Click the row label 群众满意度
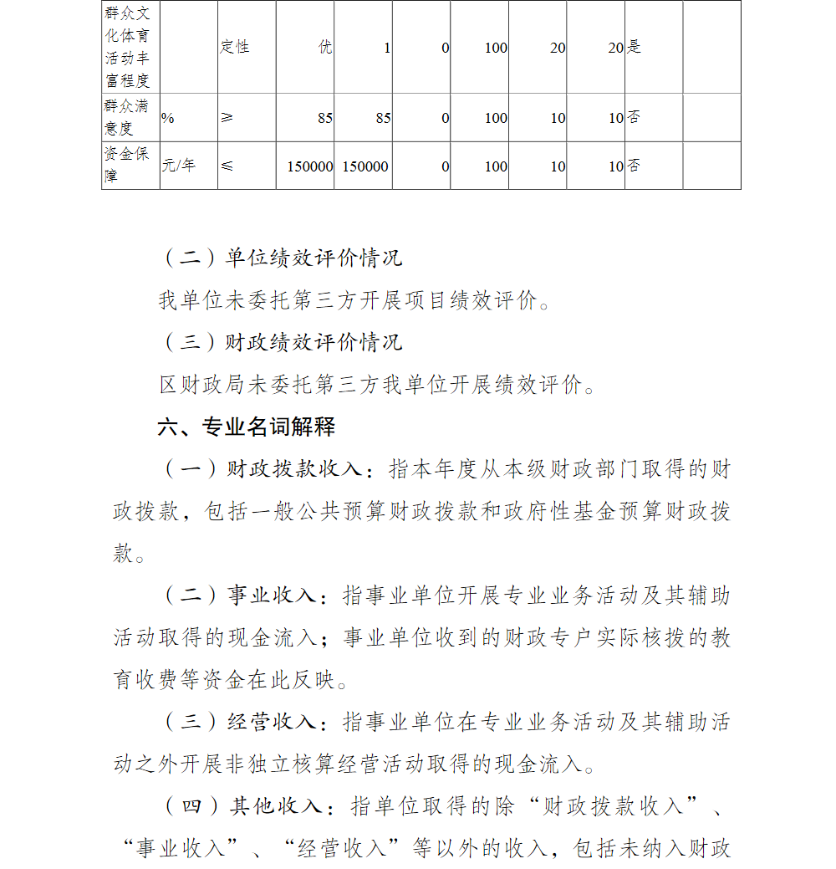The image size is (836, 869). click(x=127, y=118)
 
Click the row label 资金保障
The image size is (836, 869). click(x=127, y=166)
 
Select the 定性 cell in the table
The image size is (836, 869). click(x=235, y=47)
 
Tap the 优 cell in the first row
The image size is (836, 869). click(x=324, y=47)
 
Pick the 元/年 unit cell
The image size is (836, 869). click(x=178, y=166)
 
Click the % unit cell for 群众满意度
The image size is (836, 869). click(x=168, y=118)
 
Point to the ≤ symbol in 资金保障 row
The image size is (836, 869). click(x=227, y=166)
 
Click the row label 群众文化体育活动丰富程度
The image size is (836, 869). click(x=127, y=47)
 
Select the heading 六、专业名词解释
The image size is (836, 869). click(x=246, y=427)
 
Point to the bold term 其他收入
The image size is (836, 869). click(x=277, y=806)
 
